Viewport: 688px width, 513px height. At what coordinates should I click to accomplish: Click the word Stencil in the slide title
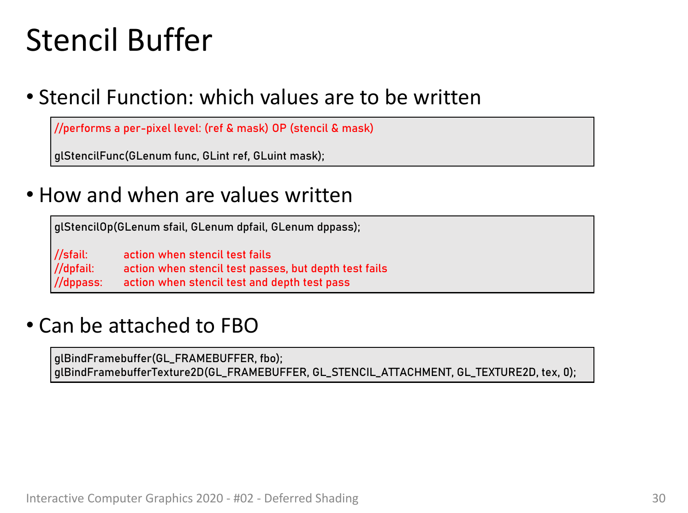click(72, 40)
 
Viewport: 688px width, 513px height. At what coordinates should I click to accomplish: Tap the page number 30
click(658, 498)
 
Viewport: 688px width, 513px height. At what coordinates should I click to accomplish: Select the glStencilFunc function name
click(89, 155)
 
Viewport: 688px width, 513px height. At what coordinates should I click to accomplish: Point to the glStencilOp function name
click(83, 227)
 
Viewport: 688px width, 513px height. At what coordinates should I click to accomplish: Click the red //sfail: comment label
click(71, 254)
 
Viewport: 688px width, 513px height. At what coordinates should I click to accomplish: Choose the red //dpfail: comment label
click(74, 268)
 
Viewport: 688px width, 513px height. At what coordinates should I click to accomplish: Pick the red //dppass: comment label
click(78, 282)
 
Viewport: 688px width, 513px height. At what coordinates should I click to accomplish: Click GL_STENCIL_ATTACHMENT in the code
click(382, 372)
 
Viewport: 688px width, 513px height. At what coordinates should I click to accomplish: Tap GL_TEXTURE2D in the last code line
click(497, 372)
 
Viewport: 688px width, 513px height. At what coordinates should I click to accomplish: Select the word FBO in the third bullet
click(239, 325)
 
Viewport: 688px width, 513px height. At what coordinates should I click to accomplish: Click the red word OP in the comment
click(279, 128)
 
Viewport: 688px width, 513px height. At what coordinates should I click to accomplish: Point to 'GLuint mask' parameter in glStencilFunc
click(285, 155)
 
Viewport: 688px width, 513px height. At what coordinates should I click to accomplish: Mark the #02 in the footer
click(243, 498)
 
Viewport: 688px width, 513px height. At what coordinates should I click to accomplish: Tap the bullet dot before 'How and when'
click(30, 194)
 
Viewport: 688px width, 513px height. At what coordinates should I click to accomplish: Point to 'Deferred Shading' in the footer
click(311, 498)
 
